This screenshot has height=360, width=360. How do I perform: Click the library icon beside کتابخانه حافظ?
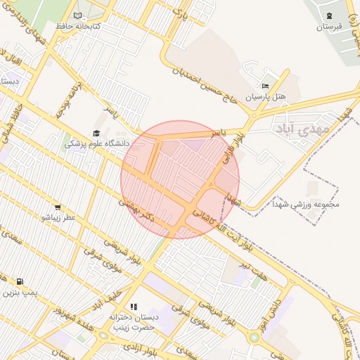click(x=77, y=15)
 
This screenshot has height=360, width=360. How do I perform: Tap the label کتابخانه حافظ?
click(x=78, y=26)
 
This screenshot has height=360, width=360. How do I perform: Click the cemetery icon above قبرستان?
click(x=328, y=15)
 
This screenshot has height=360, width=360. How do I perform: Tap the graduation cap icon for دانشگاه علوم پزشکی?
click(x=96, y=133)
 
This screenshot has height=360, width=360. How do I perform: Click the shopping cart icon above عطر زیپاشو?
click(x=57, y=207)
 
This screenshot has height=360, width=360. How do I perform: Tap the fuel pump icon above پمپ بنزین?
click(x=19, y=281)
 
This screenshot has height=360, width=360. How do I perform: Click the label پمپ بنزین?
click(x=20, y=292)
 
